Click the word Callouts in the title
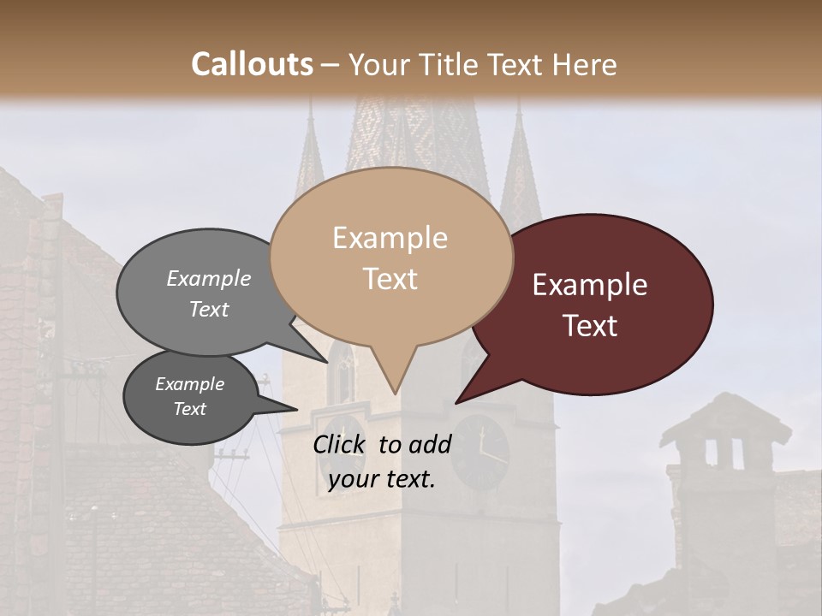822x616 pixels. click(x=252, y=64)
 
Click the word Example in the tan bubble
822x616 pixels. click(x=390, y=238)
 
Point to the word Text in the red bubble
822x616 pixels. click(x=591, y=326)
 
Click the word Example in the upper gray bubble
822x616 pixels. click(x=209, y=279)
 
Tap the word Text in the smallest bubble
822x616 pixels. click(x=190, y=409)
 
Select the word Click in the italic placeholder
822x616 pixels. click(x=341, y=444)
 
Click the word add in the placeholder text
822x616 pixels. click(x=430, y=444)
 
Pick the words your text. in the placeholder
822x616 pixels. click(x=382, y=480)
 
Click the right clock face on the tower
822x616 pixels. click(x=479, y=449)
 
